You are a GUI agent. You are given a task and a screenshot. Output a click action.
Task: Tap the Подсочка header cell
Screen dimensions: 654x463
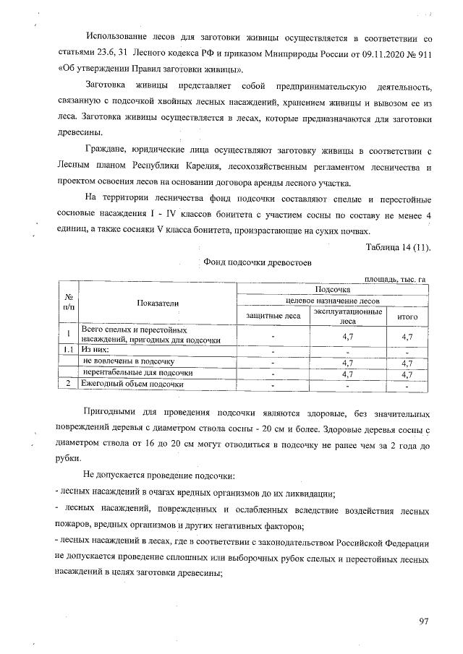[333, 288]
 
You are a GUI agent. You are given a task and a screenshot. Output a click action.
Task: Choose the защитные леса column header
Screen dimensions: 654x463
[273, 317]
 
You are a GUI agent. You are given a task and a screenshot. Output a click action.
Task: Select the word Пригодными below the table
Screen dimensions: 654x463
[111, 413]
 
